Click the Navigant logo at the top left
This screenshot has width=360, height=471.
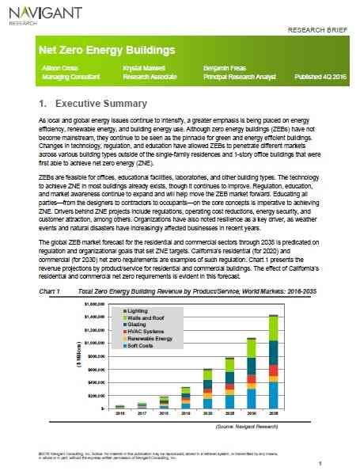pos(35,13)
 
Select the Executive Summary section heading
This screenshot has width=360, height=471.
pos(93,104)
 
